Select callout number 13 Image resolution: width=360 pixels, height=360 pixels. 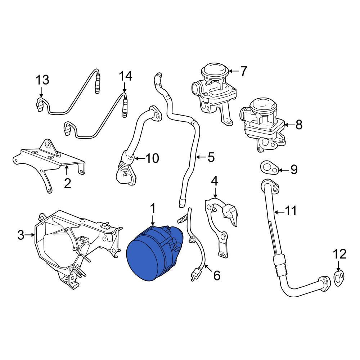[42, 80]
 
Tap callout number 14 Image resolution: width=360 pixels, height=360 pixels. [126, 76]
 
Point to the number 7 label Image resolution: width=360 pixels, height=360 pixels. [244, 71]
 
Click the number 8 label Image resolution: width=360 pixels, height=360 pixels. [298, 125]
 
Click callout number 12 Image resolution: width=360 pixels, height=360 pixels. [339, 255]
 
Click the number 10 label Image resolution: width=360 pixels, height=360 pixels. [152, 158]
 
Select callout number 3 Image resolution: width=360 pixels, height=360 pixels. [21, 235]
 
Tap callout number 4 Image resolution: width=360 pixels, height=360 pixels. [214, 181]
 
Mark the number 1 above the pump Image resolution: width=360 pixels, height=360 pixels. [153, 208]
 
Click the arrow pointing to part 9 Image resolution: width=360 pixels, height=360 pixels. [283, 170]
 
